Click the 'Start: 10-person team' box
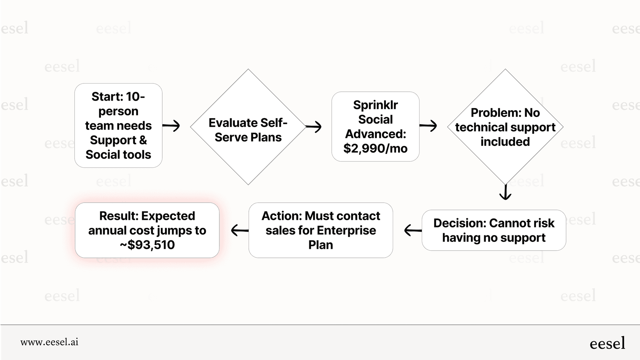(118, 125)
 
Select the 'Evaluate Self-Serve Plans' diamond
(248, 127)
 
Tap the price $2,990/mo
(375, 148)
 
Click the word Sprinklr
(375, 105)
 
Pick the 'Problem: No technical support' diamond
(505, 127)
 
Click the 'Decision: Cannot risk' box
(494, 230)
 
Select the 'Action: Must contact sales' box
(320, 230)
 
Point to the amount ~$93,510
(147, 245)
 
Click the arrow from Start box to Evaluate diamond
(171, 125)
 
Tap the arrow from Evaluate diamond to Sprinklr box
(314, 126)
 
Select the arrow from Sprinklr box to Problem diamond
(428, 125)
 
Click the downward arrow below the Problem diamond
(505, 192)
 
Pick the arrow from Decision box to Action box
(413, 230)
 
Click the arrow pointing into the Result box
(240, 230)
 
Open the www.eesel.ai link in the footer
(50, 342)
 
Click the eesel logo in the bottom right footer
(607, 343)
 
